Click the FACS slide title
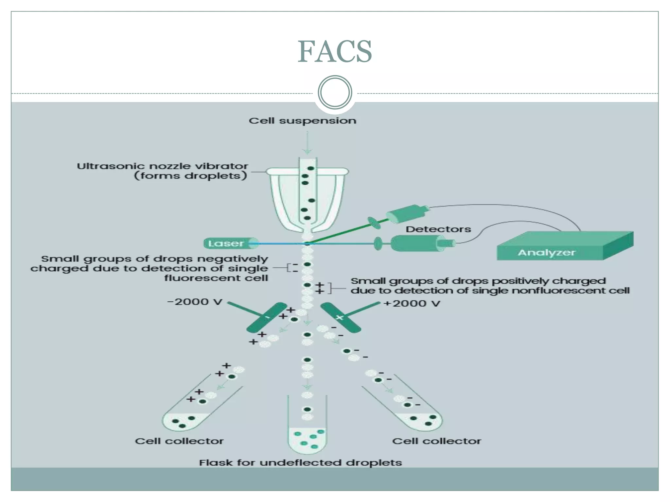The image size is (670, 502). click(x=334, y=52)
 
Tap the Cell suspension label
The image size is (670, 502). click(x=302, y=121)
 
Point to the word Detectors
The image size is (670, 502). click(x=438, y=229)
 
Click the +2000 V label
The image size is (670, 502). click(x=412, y=304)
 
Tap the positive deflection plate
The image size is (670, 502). click(x=340, y=317)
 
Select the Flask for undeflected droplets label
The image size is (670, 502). click(x=300, y=463)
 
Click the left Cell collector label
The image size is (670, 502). click(x=179, y=441)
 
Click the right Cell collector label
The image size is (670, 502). click(x=436, y=441)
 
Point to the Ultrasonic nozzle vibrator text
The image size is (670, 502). click(x=163, y=166)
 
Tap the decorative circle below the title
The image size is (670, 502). click(x=335, y=92)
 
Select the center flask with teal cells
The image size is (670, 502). click(x=307, y=435)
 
